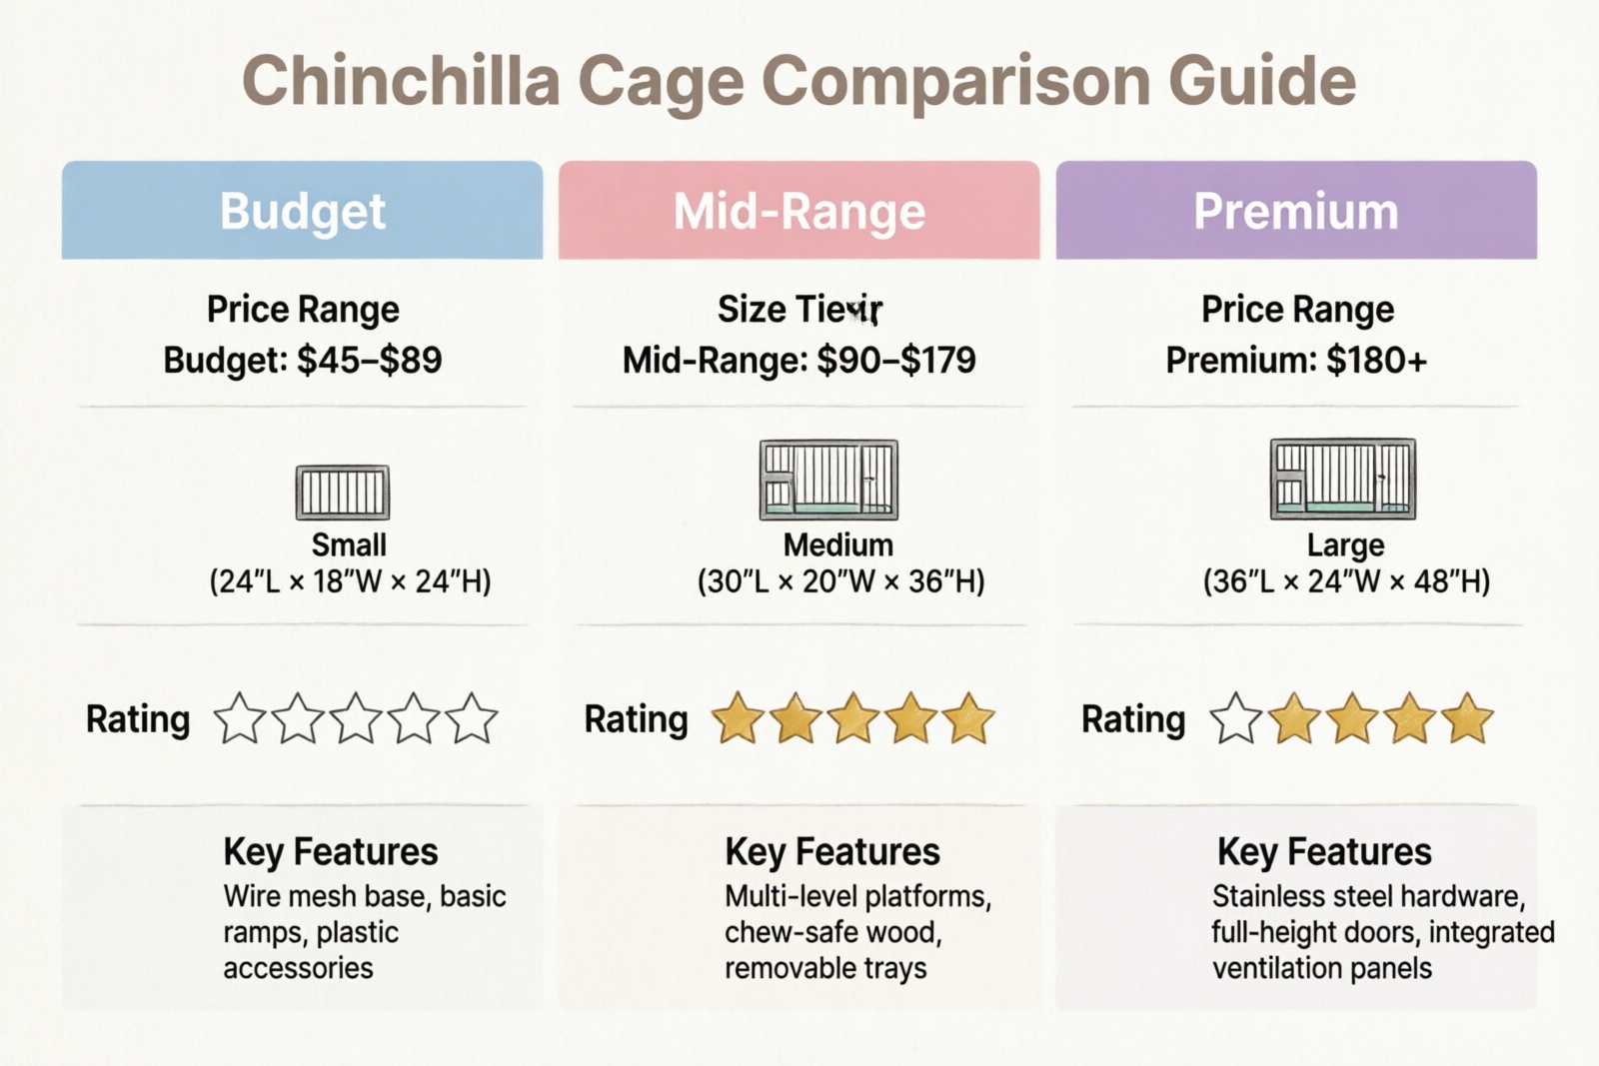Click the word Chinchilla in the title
pos(401,81)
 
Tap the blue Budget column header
pos(302,211)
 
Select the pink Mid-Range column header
pos(799,211)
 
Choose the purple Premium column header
pos(1296,211)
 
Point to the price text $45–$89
pos(370,360)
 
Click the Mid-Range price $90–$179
pos(895,360)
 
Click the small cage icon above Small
pos(343,492)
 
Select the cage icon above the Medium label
pos(828,480)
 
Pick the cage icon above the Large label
pos(1342,479)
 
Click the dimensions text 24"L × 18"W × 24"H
pos(350,581)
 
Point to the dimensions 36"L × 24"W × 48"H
pos(1346,581)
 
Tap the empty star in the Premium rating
pos(1236,719)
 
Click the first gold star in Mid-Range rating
pos(738,719)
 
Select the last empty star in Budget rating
pos(472,719)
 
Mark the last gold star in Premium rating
pos(1467,719)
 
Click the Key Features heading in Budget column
pos(331,852)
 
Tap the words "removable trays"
pos(825,968)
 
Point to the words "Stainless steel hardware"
pos(1368,896)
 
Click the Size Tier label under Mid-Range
pos(799,310)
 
